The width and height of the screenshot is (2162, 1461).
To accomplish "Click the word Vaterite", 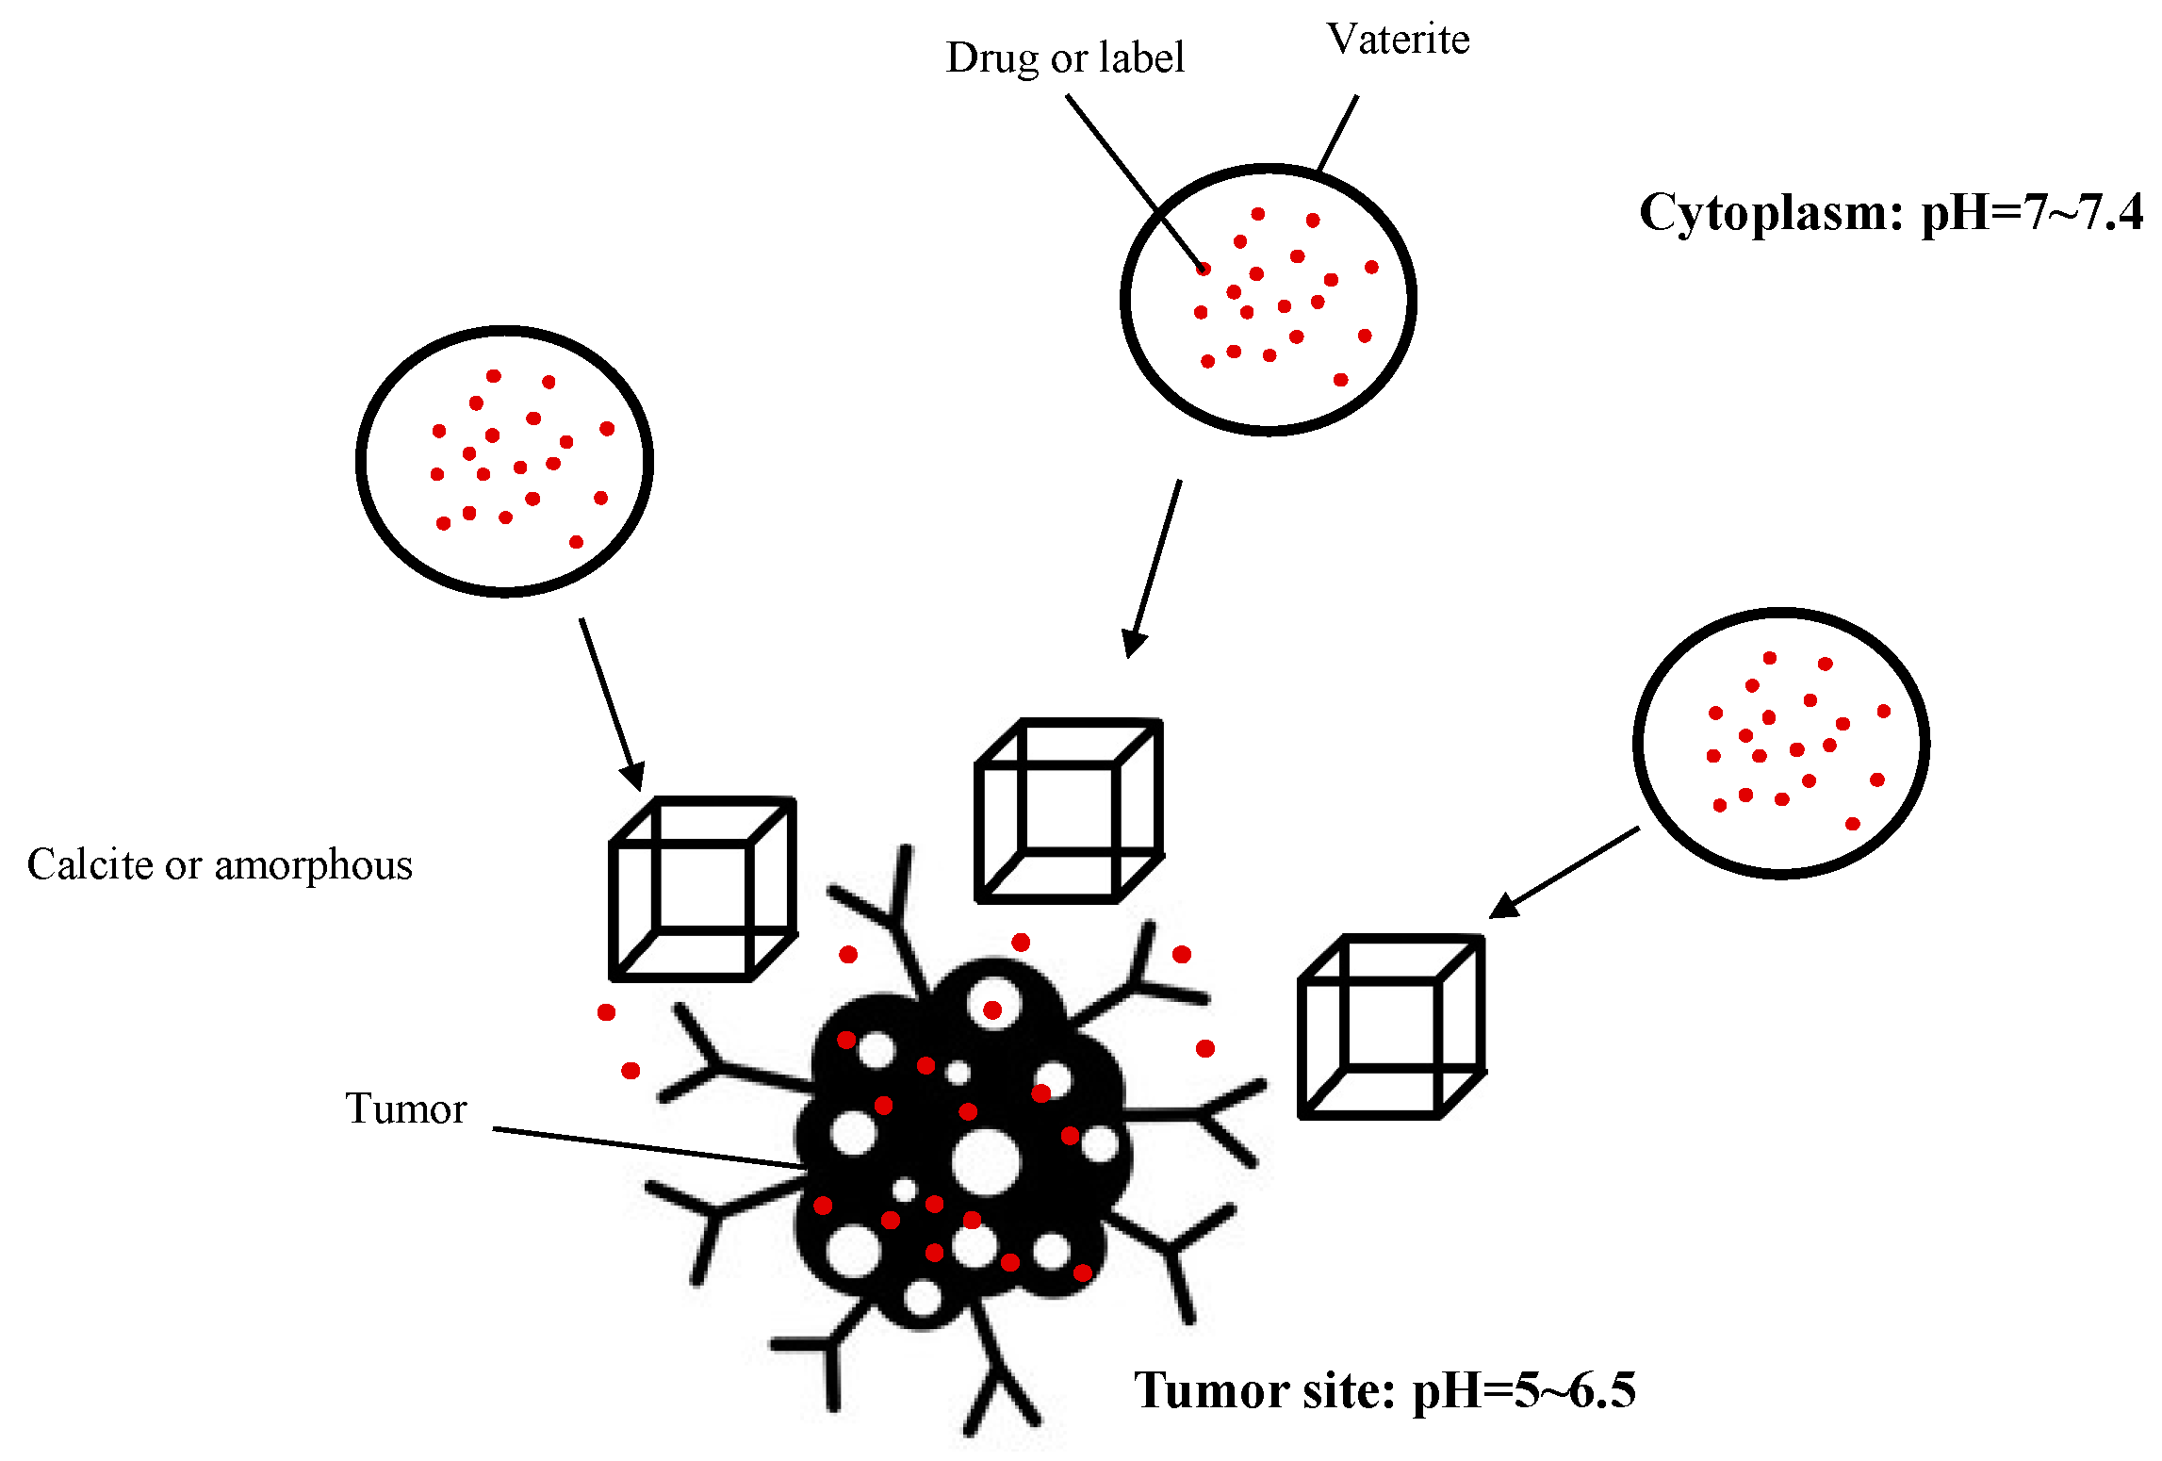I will click(x=1398, y=40).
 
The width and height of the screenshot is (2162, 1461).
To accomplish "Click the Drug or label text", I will click(x=1064, y=58).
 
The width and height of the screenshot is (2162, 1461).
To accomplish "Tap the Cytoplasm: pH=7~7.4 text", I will click(x=1890, y=212).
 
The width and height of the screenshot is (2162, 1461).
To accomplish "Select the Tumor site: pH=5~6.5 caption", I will click(x=1384, y=1390).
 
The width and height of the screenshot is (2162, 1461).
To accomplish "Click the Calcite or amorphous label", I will click(x=220, y=864).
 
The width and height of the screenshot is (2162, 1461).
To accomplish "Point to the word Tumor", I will click(x=405, y=1108).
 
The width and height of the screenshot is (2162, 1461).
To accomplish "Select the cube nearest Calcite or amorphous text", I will click(x=702, y=889).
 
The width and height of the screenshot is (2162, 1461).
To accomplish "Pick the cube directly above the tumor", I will click(x=1068, y=811).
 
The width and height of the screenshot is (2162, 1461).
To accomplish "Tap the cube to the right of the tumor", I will click(x=1391, y=1026).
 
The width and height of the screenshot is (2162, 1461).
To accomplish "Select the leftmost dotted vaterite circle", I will click(x=504, y=461).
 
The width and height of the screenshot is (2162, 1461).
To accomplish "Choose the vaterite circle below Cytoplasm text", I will click(x=1780, y=744).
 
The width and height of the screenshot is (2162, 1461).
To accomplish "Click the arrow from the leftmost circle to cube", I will click(x=611, y=702).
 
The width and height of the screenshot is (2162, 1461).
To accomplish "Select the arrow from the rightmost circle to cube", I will click(x=1564, y=872).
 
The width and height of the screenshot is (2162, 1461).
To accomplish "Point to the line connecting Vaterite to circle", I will click(x=1337, y=133).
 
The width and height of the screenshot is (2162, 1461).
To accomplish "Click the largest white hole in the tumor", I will click(x=985, y=1161).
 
